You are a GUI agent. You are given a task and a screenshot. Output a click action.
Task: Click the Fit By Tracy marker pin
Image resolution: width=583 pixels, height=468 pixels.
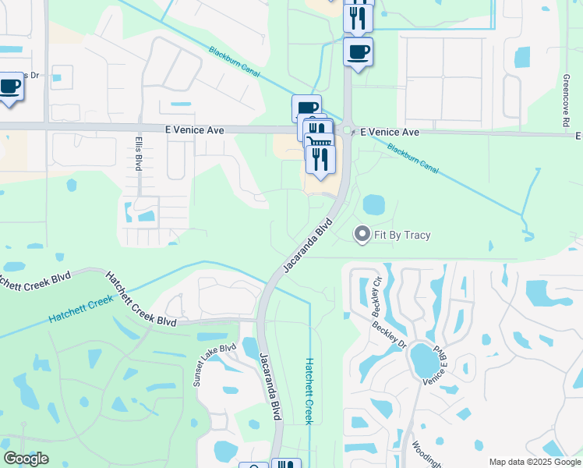[x=362, y=233]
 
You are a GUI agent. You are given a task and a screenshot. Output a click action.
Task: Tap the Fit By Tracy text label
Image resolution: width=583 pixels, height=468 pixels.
[x=402, y=235]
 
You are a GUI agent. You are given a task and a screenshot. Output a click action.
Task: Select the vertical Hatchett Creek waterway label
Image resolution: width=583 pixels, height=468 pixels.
[x=309, y=391]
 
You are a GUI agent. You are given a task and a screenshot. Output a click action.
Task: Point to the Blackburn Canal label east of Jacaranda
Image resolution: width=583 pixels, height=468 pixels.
[x=413, y=158]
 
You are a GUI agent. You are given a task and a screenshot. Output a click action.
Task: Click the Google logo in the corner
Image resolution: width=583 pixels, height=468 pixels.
[x=26, y=458]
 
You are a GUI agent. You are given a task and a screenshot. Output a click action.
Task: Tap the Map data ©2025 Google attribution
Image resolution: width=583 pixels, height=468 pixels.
[x=534, y=462]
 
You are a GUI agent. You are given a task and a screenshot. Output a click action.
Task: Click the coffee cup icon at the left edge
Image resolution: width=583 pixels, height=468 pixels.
[x=9, y=88]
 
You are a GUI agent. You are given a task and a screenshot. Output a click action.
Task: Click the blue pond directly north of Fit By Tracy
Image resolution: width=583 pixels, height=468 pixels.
[x=374, y=204]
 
